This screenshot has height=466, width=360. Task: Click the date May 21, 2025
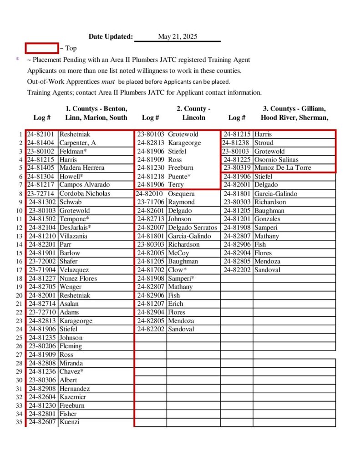tap(177, 37)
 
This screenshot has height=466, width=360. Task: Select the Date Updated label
tap(111, 37)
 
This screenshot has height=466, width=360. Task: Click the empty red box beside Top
tap(41, 48)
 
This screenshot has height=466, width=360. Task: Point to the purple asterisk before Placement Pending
tap(17, 60)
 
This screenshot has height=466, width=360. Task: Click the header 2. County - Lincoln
tap(194, 113)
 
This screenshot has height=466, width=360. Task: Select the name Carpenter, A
tap(78, 143)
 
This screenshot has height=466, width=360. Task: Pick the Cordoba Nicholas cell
tap(85, 193)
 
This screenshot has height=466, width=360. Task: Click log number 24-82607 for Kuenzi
tap(42, 422)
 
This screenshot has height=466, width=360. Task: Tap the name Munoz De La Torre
tap(283, 168)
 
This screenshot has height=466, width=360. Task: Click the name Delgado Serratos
tap(193, 227)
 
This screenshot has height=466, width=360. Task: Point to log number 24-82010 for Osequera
tap(150, 193)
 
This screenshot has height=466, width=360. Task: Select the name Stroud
tap(264, 143)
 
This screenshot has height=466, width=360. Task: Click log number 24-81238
tap(237, 143)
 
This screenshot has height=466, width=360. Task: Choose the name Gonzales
tap(267, 219)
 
